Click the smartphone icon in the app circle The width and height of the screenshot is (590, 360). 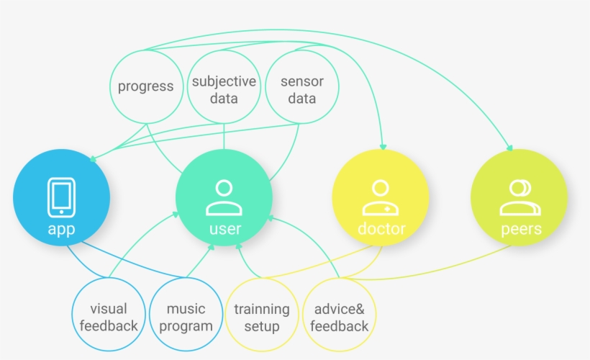coord(62,197)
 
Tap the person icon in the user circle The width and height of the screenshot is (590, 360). coord(224,198)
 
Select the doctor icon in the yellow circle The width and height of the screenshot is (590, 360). coord(380,198)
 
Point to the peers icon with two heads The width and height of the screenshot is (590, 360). coord(519,198)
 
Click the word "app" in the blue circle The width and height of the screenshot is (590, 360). coord(62,230)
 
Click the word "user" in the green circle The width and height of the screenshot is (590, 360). coord(224,230)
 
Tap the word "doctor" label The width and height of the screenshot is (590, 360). coord(381,230)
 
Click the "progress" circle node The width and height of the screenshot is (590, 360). coord(146,86)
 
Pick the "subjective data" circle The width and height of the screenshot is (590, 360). coord(224,89)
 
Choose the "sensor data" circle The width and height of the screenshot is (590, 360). coord(301,89)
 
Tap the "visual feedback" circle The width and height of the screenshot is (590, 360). coord(109,317)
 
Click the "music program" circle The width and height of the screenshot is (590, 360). coord(186,317)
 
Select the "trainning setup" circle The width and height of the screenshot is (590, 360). coord(262,317)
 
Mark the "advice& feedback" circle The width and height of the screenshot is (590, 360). coord(339,317)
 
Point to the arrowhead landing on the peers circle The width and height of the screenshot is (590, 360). coord(511,148)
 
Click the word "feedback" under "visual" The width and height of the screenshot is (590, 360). coord(109,325)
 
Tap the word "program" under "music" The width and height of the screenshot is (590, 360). coord(186,325)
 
